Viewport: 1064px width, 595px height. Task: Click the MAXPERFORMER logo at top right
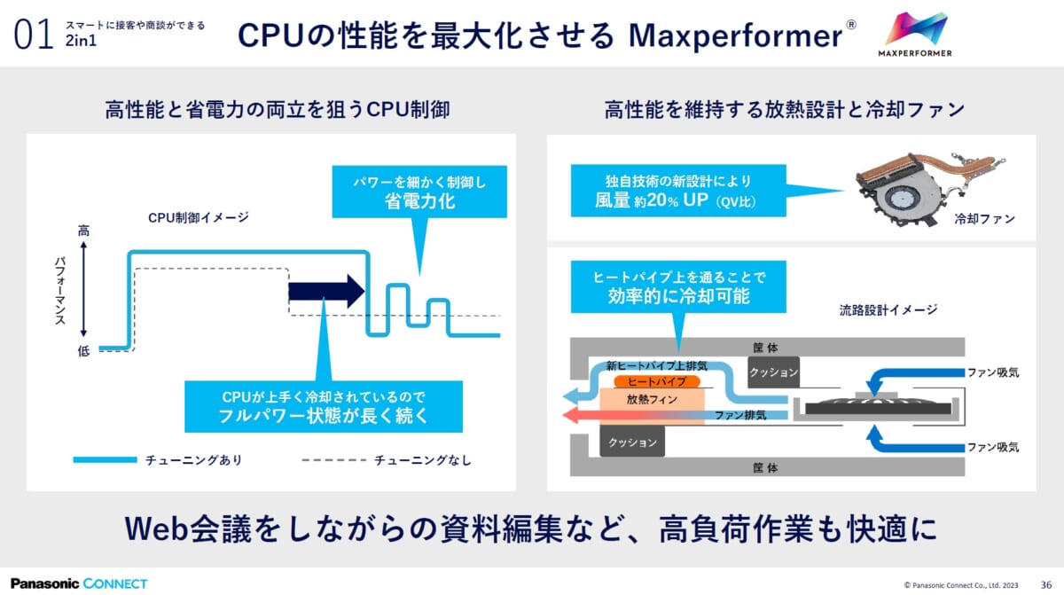(x=919, y=35)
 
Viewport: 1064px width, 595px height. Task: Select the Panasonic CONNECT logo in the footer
(x=79, y=583)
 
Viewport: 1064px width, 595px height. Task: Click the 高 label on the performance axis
(x=83, y=231)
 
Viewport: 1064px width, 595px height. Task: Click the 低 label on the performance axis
(x=83, y=351)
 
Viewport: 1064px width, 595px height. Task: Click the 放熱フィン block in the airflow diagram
(x=652, y=400)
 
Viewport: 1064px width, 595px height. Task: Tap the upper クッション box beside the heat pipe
(x=773, y=372)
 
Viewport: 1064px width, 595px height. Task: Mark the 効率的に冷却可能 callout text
(x=678, y=296)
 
